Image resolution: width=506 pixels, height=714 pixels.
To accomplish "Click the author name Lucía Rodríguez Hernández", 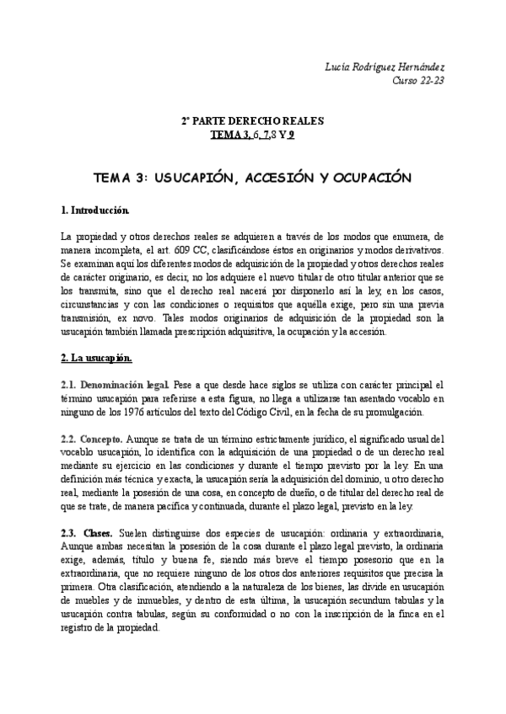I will coord(382,67).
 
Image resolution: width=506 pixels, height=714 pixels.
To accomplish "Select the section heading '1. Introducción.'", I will coord(94,208).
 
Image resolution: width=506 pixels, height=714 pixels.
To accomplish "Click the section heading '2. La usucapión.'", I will coord(97,358).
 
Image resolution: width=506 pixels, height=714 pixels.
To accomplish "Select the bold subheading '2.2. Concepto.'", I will coord(93,439).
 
